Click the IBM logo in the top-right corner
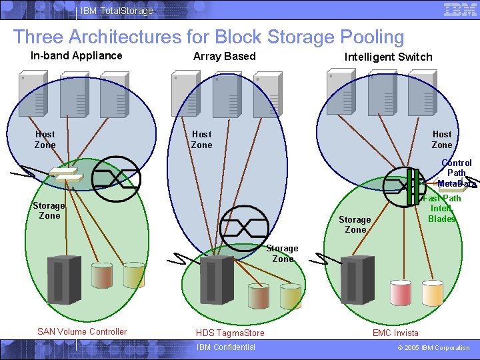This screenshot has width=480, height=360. [x=460, y=10]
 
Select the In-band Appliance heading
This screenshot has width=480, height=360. [x=77, y=55]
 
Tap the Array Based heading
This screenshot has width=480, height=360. [x=224, y=57]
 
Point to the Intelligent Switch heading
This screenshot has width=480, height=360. [x=388, y=57]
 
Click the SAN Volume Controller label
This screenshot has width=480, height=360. [x=82, y=332]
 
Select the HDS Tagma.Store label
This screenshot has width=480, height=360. [x=230, y=333]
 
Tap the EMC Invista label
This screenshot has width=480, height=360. [x=395, y=333]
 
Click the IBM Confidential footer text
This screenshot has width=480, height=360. [x=225, y=347]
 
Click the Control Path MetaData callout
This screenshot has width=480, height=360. [x=457, y=173]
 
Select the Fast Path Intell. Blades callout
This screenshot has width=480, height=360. [x=442, y=209]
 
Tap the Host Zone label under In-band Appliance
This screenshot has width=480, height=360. [x=45, y=139]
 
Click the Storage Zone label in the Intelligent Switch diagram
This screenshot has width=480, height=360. [x=355, y=225]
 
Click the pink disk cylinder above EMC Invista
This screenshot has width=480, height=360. [x=401, y=292]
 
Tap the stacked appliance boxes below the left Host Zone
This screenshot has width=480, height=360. [x=66, y=175]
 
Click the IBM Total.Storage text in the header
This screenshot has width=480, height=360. [x=117, y=11]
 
